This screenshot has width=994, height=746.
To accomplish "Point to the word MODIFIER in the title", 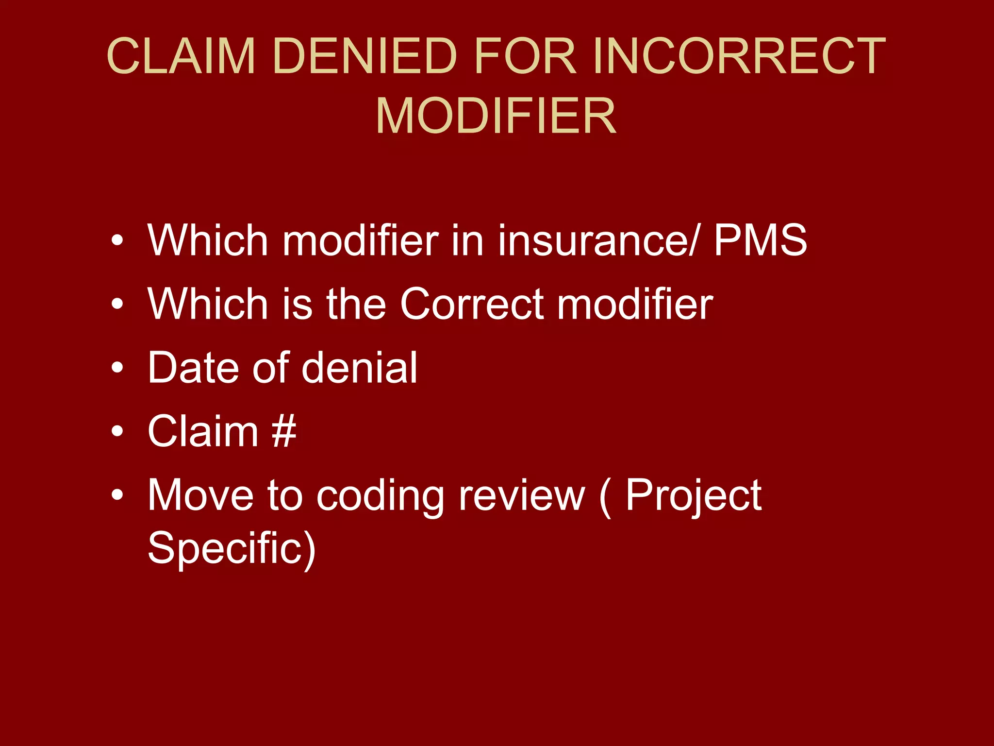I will (x=496, y=116).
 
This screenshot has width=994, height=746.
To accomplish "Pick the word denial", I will (x=359, y=367).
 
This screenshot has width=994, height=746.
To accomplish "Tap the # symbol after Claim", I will (x=284, y=431).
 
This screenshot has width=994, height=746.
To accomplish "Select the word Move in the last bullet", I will (x=200, y=495).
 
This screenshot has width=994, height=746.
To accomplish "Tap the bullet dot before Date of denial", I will (x=117, y=368).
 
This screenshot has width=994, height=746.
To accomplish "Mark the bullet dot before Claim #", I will (x=117, y=431).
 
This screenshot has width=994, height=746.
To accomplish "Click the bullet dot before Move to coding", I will (x=117, y=495).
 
